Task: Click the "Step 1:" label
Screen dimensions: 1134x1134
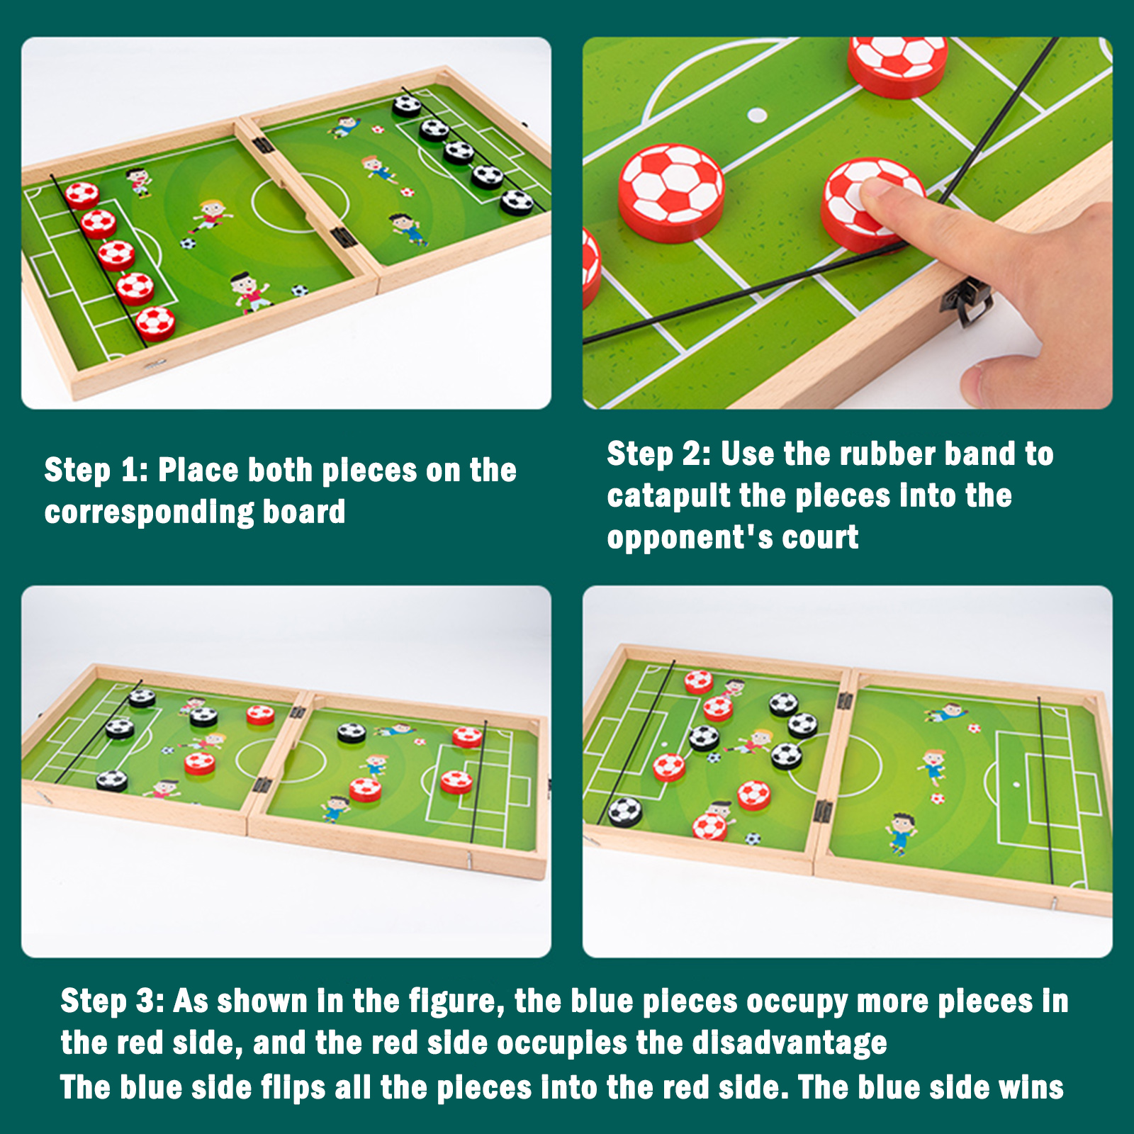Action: [x=96, y=471]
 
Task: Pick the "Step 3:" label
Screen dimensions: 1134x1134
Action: [x=113, y=1001]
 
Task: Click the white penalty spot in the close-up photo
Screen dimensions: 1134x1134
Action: [x=758, y=115]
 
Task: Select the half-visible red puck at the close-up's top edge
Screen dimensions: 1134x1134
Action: [x=898, y=64]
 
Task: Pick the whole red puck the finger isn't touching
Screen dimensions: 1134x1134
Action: [x=671, y=193]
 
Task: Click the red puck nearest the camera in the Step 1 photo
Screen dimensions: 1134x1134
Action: [x=156, y=323]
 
